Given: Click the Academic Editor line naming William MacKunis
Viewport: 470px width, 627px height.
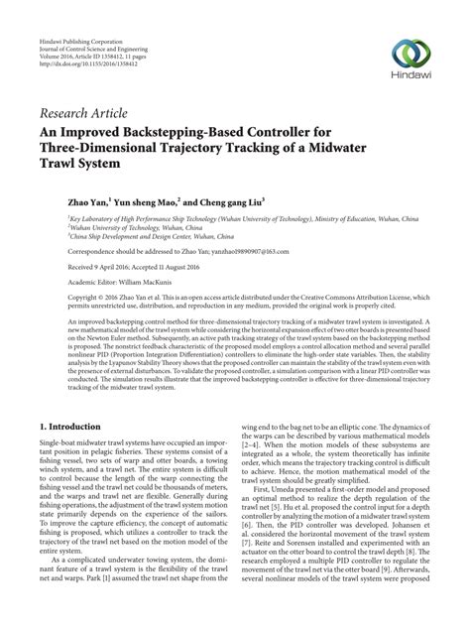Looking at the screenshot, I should [125, 283].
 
